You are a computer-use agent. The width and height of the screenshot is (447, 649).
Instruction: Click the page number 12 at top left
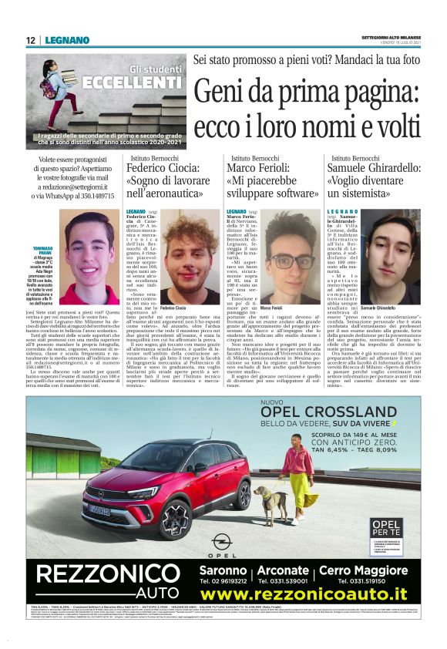click(x=30, y=40)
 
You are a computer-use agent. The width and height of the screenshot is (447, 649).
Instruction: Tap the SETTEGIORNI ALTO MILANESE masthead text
click(x=390, y=37)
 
